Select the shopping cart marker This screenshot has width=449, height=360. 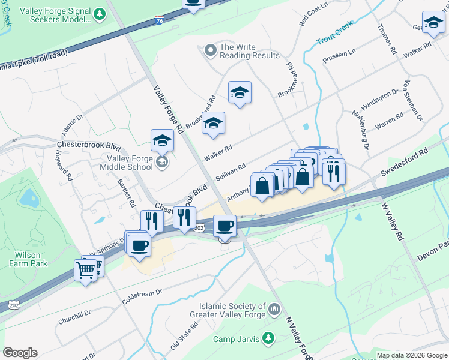86,271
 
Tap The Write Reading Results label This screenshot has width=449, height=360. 249,51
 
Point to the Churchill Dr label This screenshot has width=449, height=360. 74,317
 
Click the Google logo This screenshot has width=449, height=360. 20,353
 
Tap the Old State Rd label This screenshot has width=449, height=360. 184,336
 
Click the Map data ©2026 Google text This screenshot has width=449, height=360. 412,355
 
